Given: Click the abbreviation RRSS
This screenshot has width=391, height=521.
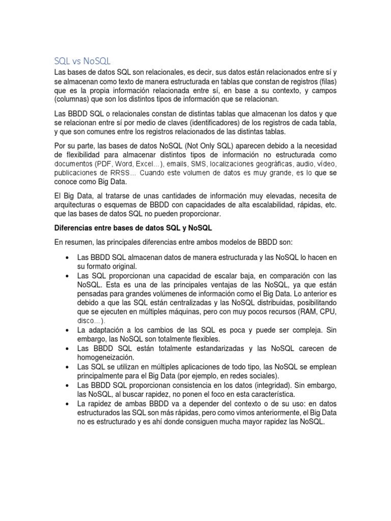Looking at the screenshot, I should (x=121, y=172).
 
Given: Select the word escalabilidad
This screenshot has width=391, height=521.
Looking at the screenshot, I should (x=270, y=205).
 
